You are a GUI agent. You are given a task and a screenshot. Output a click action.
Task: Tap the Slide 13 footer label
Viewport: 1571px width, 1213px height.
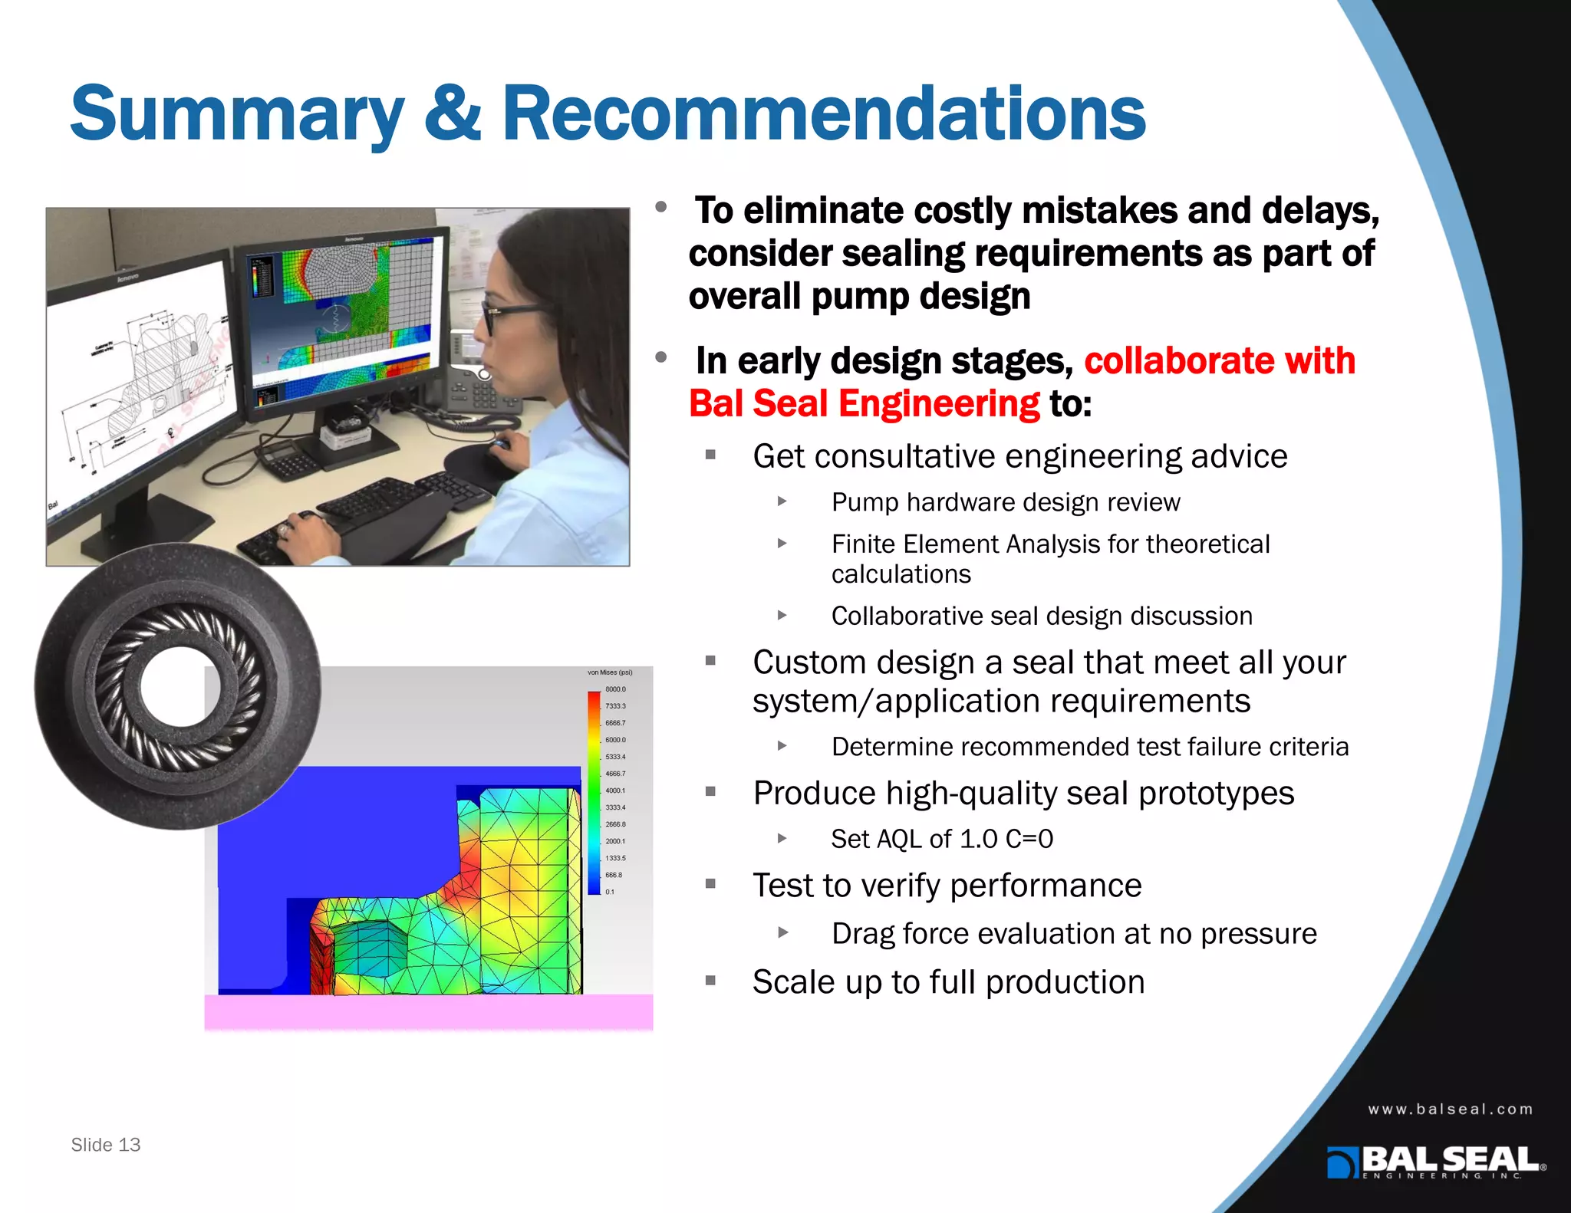[x=106, y=1145]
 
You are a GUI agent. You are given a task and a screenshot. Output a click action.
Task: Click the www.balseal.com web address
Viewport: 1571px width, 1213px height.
[x=1451, y=1109]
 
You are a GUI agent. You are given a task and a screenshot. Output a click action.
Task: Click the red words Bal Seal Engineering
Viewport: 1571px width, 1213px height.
[x=865, y=404]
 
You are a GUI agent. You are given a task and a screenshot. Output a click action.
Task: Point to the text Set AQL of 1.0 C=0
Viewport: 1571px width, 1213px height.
[x=942, y=839]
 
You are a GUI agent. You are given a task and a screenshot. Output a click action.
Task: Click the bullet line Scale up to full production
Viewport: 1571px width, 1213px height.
[x=948, y=982]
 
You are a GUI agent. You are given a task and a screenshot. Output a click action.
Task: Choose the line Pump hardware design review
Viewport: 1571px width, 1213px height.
[x=1006, y=502]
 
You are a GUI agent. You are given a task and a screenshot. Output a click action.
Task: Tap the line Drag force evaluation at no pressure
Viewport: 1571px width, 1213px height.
[x=1074, y=934]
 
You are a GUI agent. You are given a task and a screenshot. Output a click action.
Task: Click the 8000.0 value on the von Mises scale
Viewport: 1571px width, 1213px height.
[x=615, y=689]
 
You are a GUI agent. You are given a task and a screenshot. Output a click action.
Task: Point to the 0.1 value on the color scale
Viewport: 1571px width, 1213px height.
[x=610, y=892]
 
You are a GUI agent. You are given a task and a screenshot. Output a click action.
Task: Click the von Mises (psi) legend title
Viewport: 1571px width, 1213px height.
[x=610, y=672]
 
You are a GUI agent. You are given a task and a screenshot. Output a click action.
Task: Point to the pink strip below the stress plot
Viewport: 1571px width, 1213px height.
[x=428, y=1012]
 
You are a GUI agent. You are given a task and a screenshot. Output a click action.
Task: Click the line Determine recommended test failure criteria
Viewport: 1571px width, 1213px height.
[x=1089, y=747]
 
